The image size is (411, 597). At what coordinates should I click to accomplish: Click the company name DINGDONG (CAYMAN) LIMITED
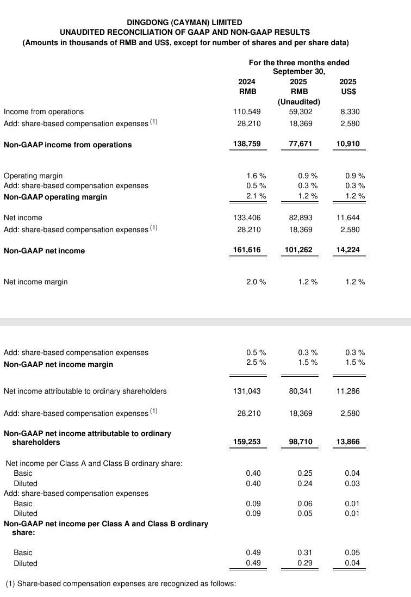[x=184, y=22]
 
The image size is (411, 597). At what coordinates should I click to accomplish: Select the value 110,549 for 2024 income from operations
[x=247, y=111]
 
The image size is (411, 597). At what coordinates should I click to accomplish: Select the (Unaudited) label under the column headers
[x=298, y=102]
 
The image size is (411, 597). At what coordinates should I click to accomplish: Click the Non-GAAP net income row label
[x=44, y=251]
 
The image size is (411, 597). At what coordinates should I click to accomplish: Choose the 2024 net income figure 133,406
[x=247, y=217]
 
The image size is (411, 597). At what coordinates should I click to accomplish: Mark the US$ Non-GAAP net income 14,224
[x=347, y=250]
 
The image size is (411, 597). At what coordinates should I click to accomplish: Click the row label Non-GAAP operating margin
[x=48, y=197]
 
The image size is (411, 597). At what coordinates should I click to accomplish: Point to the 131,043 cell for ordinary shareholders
[x=247, y=391]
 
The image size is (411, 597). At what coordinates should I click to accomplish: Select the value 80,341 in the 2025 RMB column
[x=301, y=391]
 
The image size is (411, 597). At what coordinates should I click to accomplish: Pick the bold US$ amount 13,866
[x=347, y=442]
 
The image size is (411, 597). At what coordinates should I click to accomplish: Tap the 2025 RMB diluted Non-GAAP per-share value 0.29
[x=305, y=563]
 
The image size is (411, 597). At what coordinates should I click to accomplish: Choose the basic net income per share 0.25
[x=305, y=473]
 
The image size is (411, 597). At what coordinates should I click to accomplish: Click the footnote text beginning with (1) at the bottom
[x=121, y=583]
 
